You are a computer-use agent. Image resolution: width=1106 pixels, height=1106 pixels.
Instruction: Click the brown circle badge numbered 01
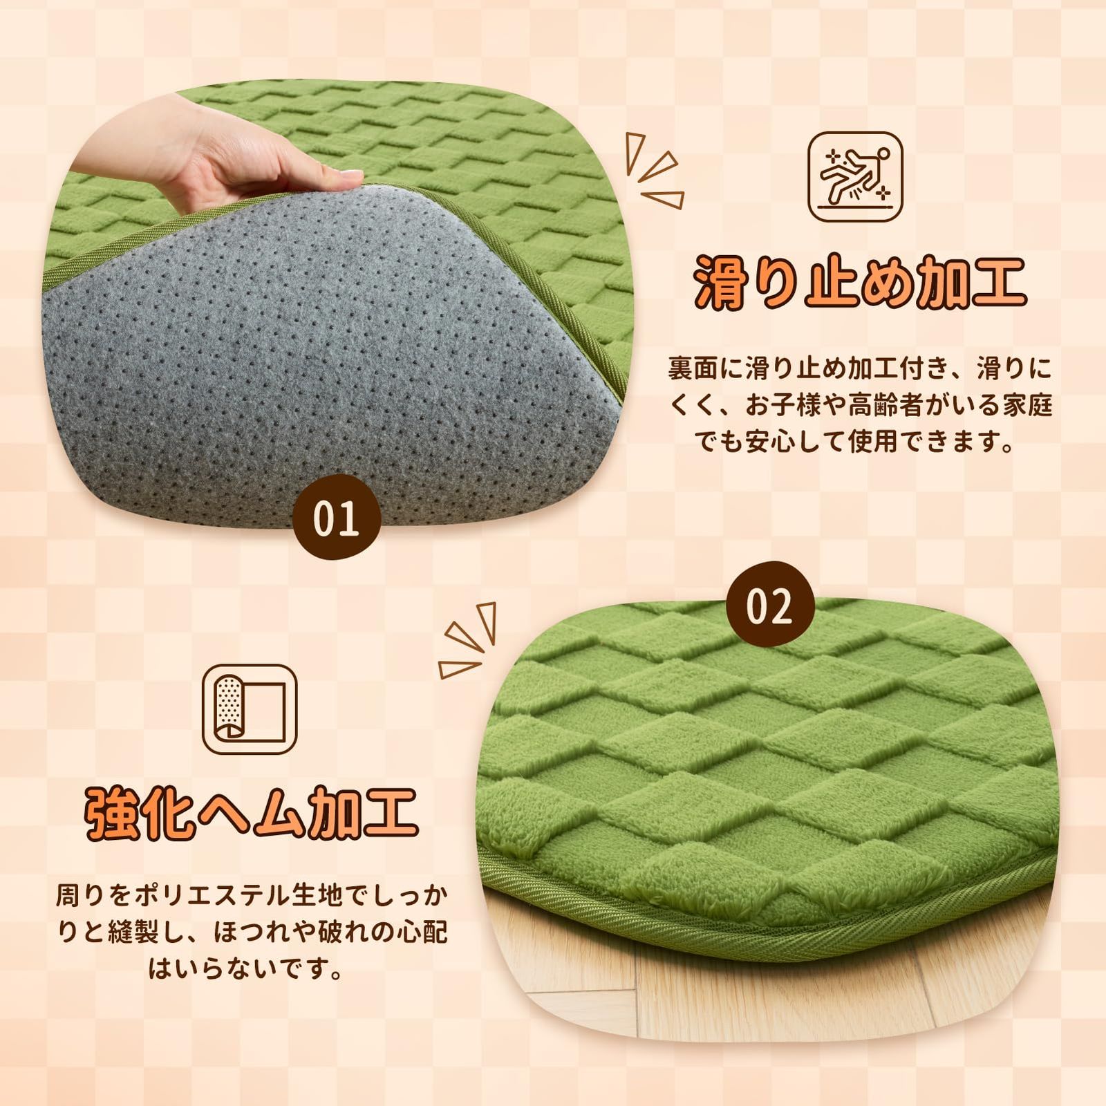tap(336, 518)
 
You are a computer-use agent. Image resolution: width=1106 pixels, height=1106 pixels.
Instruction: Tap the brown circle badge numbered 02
tap(769, 606)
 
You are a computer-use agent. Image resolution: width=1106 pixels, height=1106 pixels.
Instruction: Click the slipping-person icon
tap(855, 177)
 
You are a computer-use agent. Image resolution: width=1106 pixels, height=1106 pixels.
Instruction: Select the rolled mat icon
tap(250, 709)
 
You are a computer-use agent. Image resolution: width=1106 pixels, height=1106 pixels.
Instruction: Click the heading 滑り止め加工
tap(859, 282)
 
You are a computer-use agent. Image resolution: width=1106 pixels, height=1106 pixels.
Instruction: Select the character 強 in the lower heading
tap(111, 813)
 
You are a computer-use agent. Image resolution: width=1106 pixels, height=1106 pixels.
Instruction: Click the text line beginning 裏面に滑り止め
tap(859, 368)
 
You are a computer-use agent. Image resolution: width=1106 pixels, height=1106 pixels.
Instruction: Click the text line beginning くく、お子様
tap(859, 404)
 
